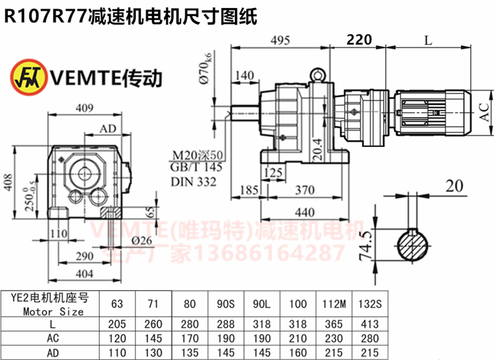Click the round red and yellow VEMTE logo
pyautogui.click(x=29, y=77)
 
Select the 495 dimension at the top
pyautogui.click(x=280, y=40)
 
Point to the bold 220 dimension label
pyautogui.click(x=359, y=40)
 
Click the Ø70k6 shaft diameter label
pyautogui.click(x=205, y=68)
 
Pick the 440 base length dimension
pyautogui.click(x=304, y=213)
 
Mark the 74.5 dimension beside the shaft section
pyautogui.click(x=366, y=245)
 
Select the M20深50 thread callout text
pyautogui.click(x=197, y=155)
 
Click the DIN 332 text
pyautogui.click(x=193, y=182)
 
